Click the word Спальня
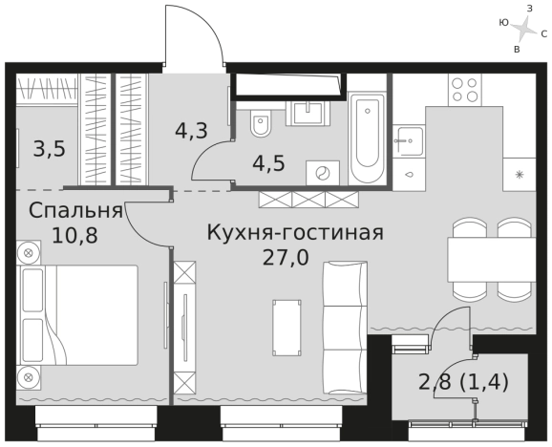74,210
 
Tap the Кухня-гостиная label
296,232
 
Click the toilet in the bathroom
262,124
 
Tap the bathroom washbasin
309,113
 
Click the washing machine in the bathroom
322,173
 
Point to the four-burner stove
465,90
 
